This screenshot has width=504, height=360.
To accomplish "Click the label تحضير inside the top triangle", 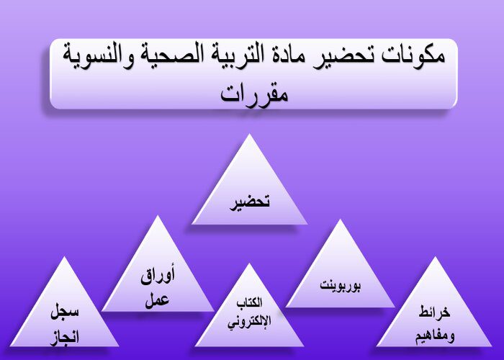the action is tap(250, 202).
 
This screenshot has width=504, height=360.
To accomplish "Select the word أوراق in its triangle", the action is tap(158, 276).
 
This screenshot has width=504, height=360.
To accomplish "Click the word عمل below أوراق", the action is tap(157, 300).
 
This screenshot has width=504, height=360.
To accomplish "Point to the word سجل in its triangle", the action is tap(65, 312).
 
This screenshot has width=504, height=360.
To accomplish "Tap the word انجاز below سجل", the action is tap(65, 338).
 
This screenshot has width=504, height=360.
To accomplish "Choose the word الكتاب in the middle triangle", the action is tap(249, 302).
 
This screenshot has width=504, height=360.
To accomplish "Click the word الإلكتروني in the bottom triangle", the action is tap(249, 321).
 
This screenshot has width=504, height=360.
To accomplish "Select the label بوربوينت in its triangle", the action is tap(341, 285).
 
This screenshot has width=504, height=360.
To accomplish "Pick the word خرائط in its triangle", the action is tap(435, 312).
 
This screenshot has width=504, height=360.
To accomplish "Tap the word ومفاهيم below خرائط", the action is tap(435, 336).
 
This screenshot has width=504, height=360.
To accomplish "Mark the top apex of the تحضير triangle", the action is tap(249, 134).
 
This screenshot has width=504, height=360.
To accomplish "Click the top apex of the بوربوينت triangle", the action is tap(340, 220).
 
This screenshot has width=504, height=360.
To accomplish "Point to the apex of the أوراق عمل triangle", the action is tap(158, 215).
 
